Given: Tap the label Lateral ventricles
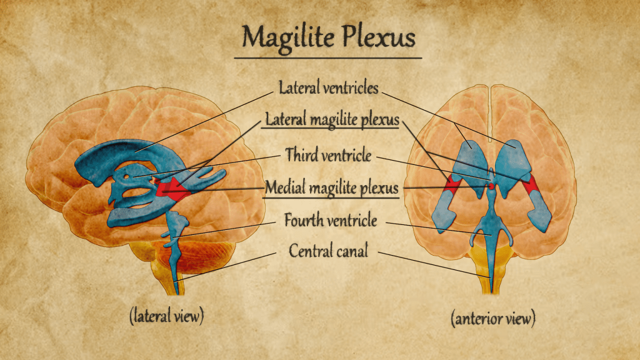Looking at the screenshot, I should click(x=329, y=88).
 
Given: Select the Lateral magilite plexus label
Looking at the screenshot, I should click(x=332, y=119).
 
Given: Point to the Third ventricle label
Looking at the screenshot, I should click(x=329, y=154).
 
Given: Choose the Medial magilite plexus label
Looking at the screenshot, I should click(x=331, y=187).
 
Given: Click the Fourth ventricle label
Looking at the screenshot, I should click(x=331, y=220).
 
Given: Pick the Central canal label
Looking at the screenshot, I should click(x=329, y=251).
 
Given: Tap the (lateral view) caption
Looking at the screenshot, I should click(x=166, y=316).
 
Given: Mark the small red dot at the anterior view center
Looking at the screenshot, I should click(x=492, y=186).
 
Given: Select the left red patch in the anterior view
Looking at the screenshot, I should click(x=452, y=184).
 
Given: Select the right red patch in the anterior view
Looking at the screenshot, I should click(x=531, y=184).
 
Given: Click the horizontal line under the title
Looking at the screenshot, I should click(x=328, y=58).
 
